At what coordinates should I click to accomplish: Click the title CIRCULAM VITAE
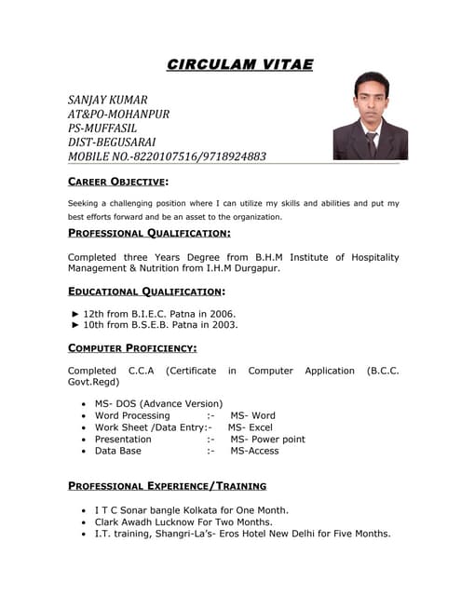click(x=239, y=64)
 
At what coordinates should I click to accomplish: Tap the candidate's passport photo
click(x=370, y=115)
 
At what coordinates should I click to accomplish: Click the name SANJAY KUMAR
click(x=108, y=100)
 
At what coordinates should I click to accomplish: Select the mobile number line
click(x=168, y=156)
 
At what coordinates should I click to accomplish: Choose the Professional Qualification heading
click(x=150, y=233)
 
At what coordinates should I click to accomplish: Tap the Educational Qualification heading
click(x=146, y=291)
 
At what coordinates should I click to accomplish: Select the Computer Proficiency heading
click(x=132, y=348)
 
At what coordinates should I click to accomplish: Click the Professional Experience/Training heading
click(x=168, y=485)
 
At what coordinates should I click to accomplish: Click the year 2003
click(x=224, y=326)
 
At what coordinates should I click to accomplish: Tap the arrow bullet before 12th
click(x=75, y=314)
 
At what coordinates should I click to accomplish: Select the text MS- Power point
click(x=267, y=439)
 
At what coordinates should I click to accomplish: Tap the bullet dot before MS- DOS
click(x=85, y=404)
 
